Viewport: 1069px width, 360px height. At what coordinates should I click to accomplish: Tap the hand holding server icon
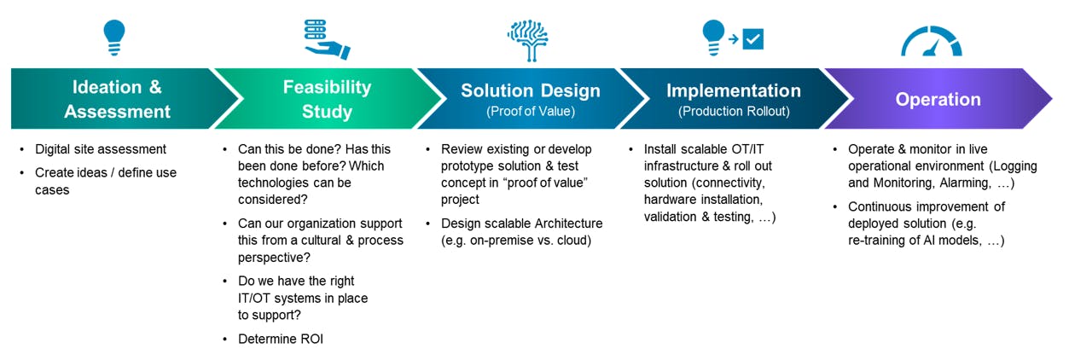327,38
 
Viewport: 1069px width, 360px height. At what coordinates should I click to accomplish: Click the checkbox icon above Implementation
752,38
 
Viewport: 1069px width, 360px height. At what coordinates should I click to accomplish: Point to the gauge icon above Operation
932,41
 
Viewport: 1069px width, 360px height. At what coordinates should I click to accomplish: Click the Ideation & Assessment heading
117,99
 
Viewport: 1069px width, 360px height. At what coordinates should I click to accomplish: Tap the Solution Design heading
531,90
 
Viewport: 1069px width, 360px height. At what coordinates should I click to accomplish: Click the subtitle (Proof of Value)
531,111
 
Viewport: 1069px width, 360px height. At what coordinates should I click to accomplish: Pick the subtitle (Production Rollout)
734,111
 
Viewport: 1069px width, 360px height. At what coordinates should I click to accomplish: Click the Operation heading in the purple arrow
938,99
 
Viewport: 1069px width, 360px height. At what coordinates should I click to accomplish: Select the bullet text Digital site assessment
101,149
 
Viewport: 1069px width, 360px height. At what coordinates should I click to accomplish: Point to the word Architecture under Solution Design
562,224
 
